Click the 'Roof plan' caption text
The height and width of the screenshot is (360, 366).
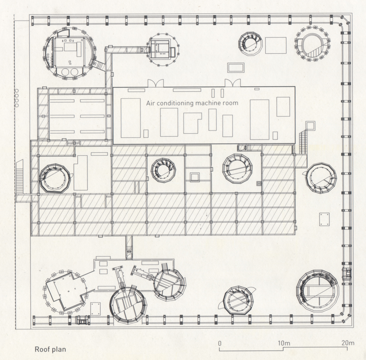point(50,349)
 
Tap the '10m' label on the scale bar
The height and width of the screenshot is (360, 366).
point(284,343)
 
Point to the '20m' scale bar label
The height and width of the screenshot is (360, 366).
point(348,343)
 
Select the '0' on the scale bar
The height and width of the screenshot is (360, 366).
point(220,343)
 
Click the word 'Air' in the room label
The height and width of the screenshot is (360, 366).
point(150,103)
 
